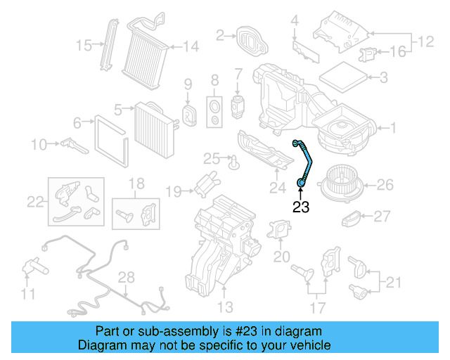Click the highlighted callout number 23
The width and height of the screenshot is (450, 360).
(x=301, y=207)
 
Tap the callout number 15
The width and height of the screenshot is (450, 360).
(x=84, y=46)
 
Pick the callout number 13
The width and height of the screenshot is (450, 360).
(x=225, y=307)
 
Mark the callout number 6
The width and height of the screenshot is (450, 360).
(x=77, y=122)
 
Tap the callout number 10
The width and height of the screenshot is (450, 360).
(x=38, y=145)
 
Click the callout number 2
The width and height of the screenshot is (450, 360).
(x=220, y=34)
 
